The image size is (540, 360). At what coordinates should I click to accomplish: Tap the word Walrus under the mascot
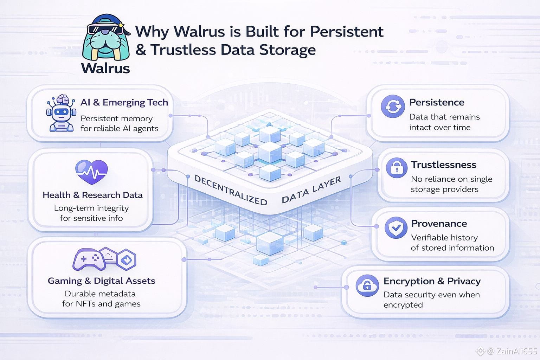[105, 68]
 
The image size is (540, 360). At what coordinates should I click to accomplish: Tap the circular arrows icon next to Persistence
[393, 107]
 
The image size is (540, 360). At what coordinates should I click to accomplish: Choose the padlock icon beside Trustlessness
[397, 168]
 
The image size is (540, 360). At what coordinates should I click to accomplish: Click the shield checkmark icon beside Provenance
[396, 227]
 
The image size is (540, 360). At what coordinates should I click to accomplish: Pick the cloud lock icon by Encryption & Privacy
[367, 285]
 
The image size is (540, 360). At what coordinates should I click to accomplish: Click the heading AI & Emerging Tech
[124, 102]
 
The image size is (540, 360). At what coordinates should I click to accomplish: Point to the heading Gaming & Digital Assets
[101, 281]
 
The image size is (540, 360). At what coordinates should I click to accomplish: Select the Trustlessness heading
[444, 165]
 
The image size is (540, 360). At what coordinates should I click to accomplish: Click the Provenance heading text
[439, 224]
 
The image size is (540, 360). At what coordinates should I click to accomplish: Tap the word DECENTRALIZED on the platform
[231, 190]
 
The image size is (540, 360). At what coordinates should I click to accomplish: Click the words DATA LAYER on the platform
[311, 190]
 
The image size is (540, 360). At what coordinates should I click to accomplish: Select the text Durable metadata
[100, 294]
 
